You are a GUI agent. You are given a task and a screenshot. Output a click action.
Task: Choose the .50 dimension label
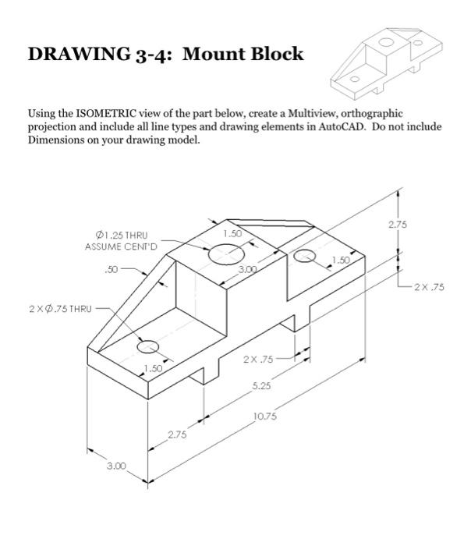click(x=111, y=271)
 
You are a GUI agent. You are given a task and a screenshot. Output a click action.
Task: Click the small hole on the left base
click(x=148, y=347)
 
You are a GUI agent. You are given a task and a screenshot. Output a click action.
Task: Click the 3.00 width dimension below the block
click(x=116, y=466)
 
